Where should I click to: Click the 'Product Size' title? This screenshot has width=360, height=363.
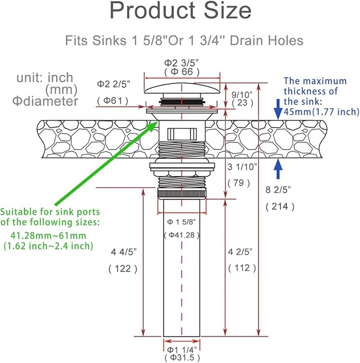pos(180,11)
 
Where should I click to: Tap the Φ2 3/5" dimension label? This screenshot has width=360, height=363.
pos(181,63)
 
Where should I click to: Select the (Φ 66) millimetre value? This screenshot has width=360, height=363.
pos(182,72)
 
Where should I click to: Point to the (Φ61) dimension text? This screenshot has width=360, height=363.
pos(112,101)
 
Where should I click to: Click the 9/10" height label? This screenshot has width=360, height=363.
pos(242,94)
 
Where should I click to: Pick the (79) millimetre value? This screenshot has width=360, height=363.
pos(239,183)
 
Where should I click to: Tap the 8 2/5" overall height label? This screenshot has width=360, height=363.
pos(278,190)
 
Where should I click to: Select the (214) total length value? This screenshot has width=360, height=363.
pos(280,206)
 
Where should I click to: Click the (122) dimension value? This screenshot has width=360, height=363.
pos(123,269)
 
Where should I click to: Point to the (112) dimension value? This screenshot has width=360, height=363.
pos(242,268)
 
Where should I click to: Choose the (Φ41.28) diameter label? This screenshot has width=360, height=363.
pos(182,235)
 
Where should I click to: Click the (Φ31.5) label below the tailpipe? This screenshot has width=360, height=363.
pos(182,358)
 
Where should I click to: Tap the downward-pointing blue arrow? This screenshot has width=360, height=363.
pos(278,109)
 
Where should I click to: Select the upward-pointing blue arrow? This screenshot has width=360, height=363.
pos(278,169)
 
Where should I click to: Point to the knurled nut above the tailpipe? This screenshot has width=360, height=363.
pos(182,193)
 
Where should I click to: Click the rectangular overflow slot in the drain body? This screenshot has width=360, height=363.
pos(182,134)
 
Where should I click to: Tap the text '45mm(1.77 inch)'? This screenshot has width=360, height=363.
pos(321,112)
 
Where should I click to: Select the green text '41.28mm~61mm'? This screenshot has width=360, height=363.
pos(48,236)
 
